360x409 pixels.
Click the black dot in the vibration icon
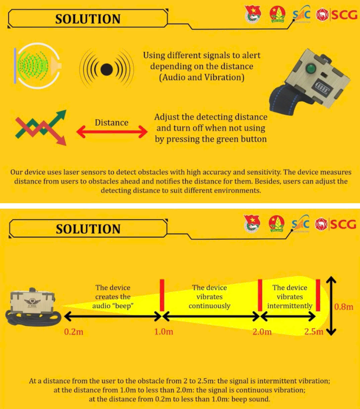click(x=106, y=70)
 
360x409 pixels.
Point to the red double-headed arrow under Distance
click(x=112, y=132)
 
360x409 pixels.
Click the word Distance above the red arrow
click(x=111, y=122)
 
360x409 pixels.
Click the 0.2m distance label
click(x=74, y=332)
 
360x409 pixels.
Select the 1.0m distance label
click(x=164, y=331)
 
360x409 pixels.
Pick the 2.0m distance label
click(x=262, y=332)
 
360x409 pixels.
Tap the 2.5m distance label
click(x=314, y=332)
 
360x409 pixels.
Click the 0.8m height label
click(x=344, y=307)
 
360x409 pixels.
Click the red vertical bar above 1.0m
click(x=162, y=295)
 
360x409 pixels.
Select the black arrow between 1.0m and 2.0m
click(x=211, y=316)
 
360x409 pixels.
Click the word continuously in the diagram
click(x=210, y=306)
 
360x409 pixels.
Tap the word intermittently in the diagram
click(x=290, y=306)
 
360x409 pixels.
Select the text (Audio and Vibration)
click(x=202, y=77)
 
